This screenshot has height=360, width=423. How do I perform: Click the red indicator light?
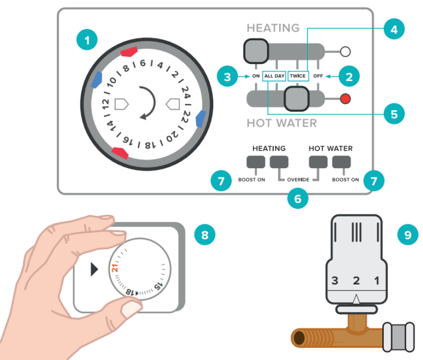346,99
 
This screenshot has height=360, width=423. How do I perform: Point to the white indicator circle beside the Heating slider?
346,53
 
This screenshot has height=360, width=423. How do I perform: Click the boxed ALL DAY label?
274,76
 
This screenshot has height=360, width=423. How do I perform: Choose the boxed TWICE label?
297,76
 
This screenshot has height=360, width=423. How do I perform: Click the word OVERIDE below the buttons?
297,180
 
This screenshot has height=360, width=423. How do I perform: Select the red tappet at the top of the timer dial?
129,51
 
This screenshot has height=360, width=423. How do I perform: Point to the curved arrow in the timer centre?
144,102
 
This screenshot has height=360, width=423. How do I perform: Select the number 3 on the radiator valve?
334,281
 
